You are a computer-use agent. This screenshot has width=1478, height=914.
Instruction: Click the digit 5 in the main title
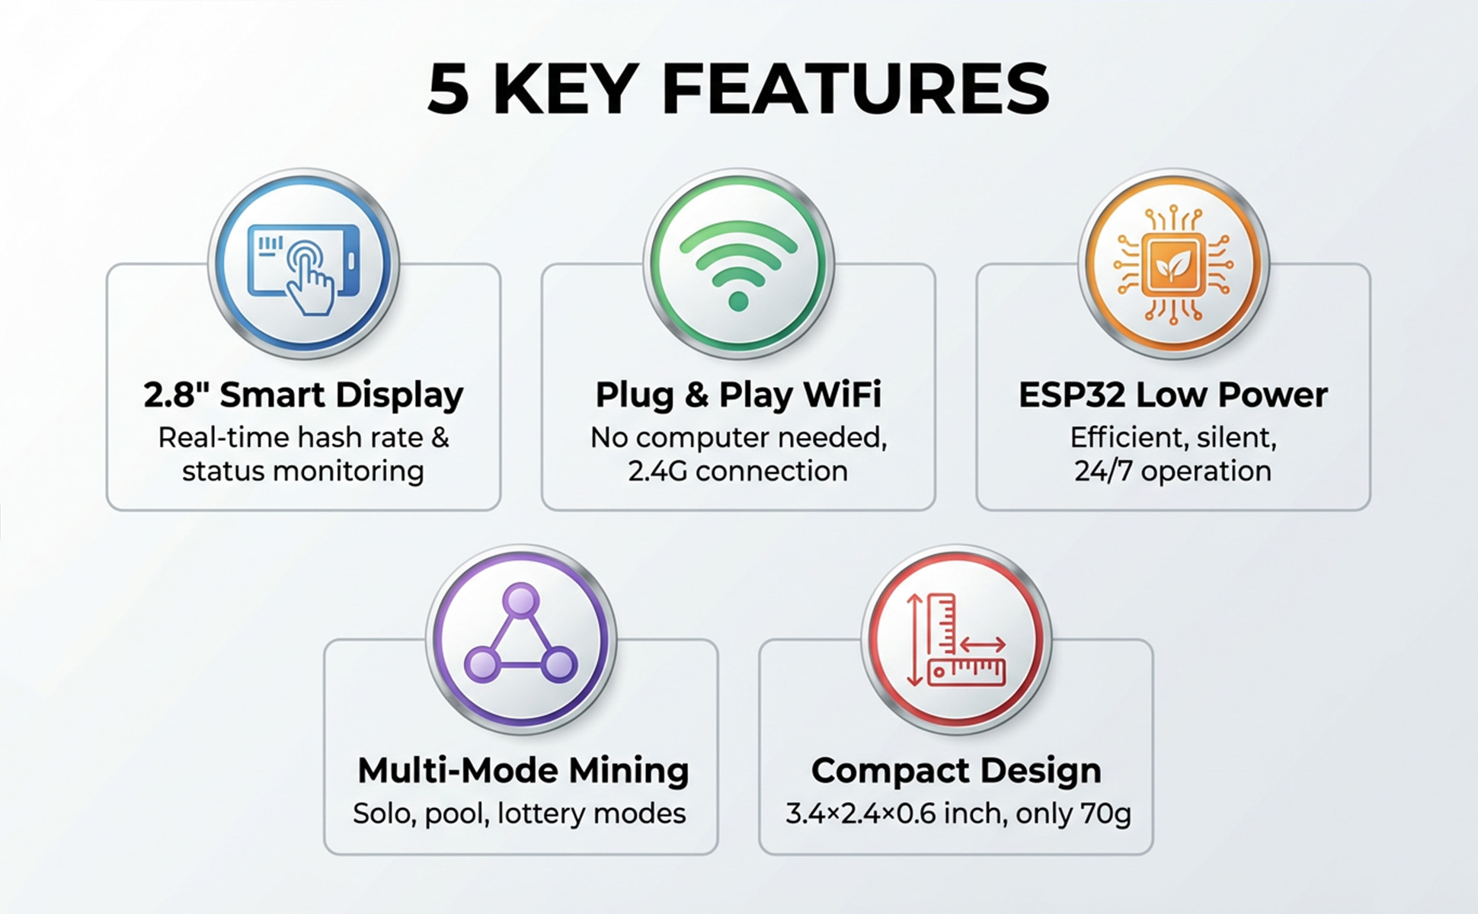448,90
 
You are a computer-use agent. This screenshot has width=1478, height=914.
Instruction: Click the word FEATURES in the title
856,90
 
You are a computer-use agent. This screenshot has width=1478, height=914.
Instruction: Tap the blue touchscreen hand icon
304,264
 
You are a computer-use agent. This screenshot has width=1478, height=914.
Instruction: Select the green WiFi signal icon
738,264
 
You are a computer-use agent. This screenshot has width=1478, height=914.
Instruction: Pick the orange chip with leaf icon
1173,264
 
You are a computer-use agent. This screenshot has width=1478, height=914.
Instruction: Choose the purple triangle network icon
521,638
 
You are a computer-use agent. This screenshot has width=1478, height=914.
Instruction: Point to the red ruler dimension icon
956,638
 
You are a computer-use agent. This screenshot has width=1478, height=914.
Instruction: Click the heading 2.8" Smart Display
303,395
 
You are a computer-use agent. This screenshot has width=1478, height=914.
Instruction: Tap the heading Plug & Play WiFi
738,395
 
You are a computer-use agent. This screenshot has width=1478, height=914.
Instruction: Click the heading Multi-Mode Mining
523,770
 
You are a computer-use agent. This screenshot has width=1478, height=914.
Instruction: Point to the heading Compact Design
956,770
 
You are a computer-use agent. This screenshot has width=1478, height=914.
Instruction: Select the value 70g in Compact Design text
1105,813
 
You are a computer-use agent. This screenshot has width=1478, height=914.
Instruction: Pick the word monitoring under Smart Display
348,471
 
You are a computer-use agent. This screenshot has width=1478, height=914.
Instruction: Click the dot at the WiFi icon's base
738,302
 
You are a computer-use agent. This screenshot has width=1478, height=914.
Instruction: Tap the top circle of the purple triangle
521,599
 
